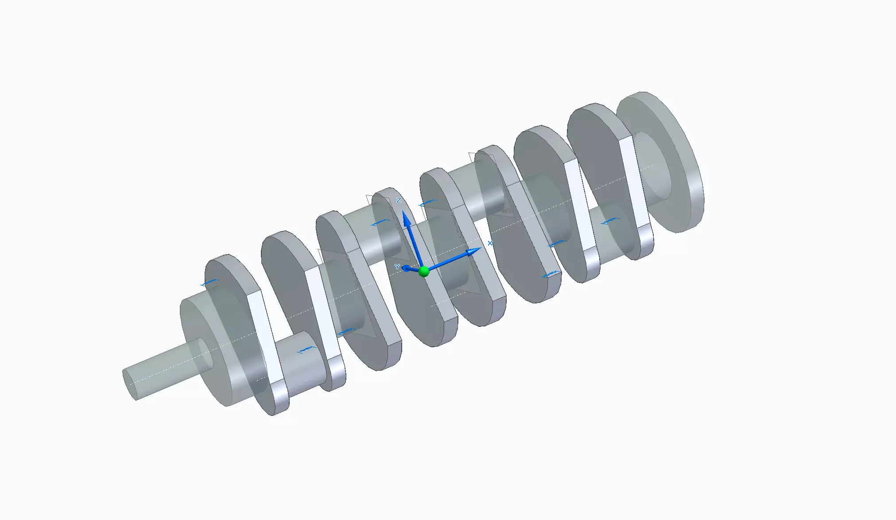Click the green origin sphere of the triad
pyautogui.click(x=424, y=271)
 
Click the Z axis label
pyautogui.click(x=399, y=201)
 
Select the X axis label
pyautogui.click(x=490, y=243)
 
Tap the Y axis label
pyautogui.click(x=397, y=267)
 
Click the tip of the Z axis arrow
pyautogui.click(x=405, y=214)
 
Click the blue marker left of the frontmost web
pyautogui.click(x=209, y=283)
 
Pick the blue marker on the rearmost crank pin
pyautogui.click(x=610, y=221)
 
